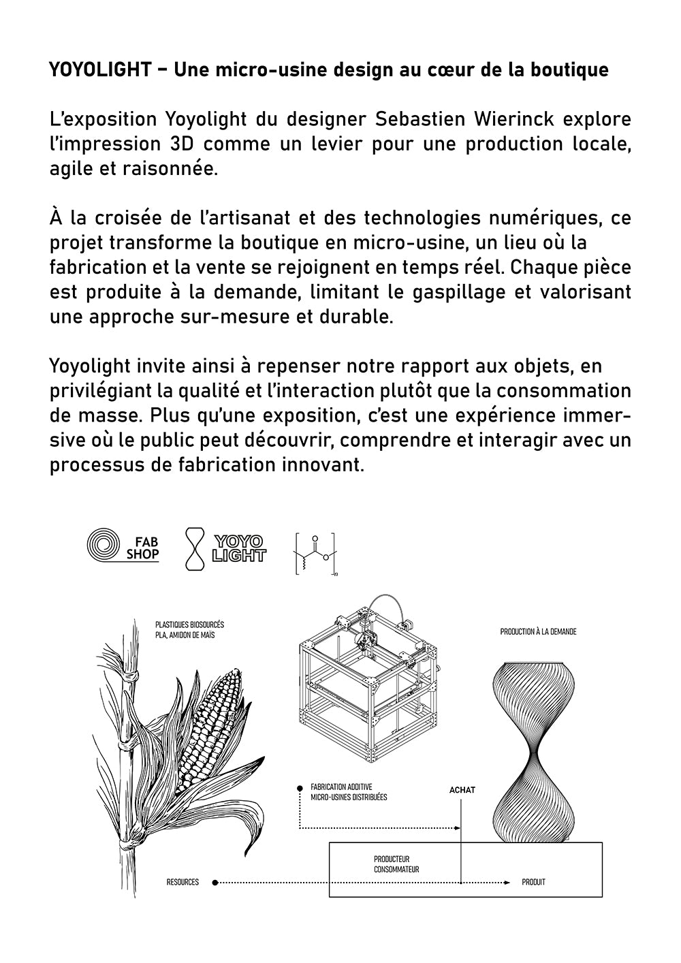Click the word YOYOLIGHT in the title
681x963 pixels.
point(100,69)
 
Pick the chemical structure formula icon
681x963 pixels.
point(315,552)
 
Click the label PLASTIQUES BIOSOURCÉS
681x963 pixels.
point(189,625)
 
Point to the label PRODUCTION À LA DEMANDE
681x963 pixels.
point(538,632)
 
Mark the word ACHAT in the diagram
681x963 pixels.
point(462,790)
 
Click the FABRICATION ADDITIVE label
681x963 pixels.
point(341,787)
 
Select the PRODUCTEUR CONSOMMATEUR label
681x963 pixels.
point(396,864)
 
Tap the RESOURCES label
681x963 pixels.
point(183,883)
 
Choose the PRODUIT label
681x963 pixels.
point(533,883)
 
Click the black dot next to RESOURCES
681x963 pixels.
point(215,883)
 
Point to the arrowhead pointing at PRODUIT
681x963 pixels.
point(507,883)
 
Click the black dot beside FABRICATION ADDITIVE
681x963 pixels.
point(300,788)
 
